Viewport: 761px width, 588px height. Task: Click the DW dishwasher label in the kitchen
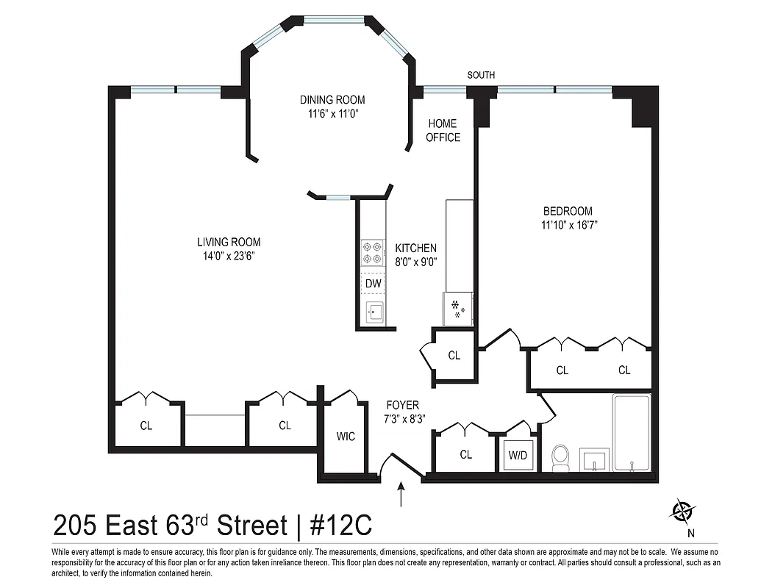click(373, 283)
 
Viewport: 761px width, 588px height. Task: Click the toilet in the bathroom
click(560, 458)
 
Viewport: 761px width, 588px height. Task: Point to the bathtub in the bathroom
click(632, 434)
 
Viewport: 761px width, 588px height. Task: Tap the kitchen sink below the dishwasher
click(373, 312)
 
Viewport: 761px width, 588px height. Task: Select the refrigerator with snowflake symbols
click(459, 308)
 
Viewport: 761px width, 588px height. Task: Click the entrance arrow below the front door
click(401, 494)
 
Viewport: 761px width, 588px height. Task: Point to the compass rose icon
click(682, 510)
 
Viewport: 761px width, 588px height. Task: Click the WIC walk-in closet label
click(346, 437)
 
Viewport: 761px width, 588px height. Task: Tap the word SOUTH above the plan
click(481, 75)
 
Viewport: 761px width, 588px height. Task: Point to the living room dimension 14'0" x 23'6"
click(228, 256)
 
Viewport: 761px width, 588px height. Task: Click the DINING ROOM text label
click(332, 100)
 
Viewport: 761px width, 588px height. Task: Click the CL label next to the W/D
click(465, 455)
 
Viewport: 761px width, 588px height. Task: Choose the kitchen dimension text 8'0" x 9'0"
click(416, 262)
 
